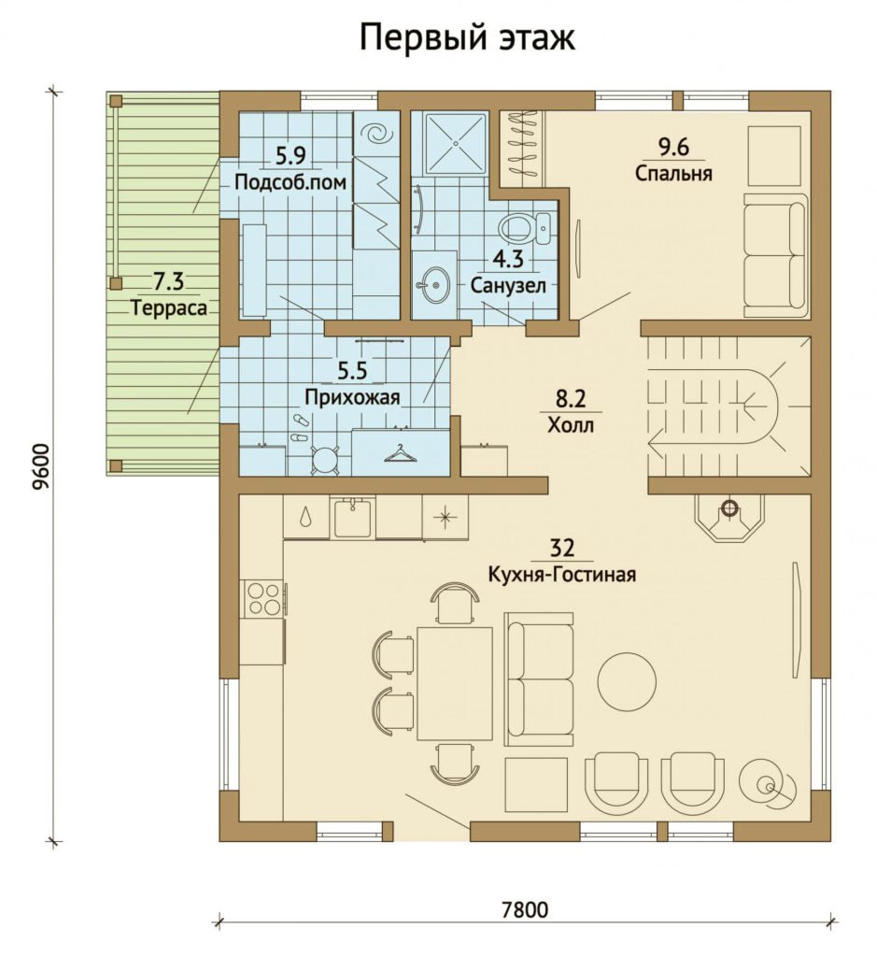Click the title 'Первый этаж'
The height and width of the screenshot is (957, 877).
(467, 37)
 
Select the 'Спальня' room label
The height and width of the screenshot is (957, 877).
(673, 173)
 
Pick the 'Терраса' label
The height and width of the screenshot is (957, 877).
(169, 308)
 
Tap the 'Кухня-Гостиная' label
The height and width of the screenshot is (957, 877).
(561, 575)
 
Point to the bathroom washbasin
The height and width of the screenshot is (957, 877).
(434, 285)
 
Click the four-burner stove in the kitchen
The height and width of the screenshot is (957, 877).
(262, 598)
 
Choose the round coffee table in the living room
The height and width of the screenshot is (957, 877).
(627, 680)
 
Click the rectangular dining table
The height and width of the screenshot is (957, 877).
(454, 683)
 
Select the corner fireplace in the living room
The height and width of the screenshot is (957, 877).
(728, 516)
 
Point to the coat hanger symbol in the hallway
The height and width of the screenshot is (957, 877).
(398, 454)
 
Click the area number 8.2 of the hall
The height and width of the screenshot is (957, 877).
(570, 398)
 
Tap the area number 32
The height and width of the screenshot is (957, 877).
(561, 548)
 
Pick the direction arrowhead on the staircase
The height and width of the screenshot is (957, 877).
(658, 440)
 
